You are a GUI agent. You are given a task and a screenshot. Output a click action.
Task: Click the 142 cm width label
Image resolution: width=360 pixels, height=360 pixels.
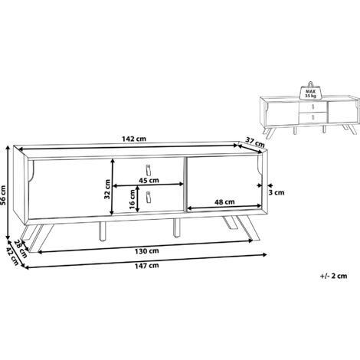[134, 139]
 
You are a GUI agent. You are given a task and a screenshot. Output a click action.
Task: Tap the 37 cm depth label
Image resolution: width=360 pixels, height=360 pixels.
[255, 142]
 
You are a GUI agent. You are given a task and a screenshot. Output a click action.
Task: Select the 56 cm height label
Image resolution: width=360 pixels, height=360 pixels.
[4, 195]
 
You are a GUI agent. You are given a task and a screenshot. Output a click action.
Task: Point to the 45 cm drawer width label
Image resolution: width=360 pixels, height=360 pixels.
[149, 180]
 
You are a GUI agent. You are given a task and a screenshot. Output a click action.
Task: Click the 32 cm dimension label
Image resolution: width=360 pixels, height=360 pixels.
[107, 189]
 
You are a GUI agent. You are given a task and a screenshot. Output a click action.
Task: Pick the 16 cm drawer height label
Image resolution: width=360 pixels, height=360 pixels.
[132, 199]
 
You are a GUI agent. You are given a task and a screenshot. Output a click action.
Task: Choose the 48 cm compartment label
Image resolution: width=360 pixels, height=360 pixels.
[224, 202]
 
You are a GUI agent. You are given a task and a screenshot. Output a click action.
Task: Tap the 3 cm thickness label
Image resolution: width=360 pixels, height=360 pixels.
[277, 192]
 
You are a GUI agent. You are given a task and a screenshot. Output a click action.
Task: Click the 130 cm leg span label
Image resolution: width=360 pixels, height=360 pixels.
[146, 251]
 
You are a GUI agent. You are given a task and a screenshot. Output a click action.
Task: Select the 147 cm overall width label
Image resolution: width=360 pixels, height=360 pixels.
[146, 266]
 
